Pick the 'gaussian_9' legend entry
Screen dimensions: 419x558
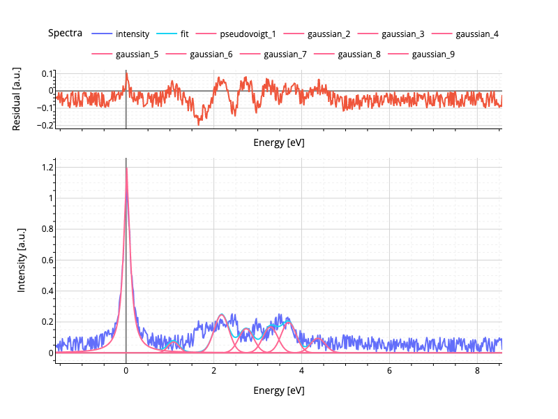point(433,54)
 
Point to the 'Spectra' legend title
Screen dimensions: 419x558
point(65,33)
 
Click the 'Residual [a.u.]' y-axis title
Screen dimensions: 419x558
point(17,98)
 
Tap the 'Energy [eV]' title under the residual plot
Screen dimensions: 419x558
point(278,142)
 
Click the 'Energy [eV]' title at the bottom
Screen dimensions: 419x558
point(278,390)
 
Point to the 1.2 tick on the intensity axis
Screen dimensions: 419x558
point(47,168)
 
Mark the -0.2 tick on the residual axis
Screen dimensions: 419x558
point(45,126)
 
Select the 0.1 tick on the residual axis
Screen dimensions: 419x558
point(47,73)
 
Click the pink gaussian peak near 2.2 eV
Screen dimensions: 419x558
point(222,315)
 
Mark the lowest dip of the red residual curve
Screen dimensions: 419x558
point(199,124)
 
